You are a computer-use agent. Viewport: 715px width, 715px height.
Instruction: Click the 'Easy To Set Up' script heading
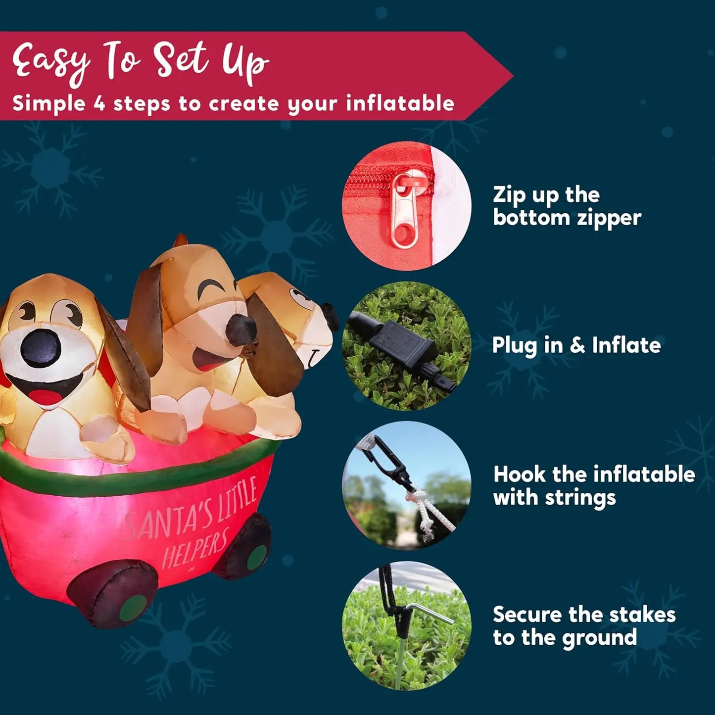[x=141, y=62]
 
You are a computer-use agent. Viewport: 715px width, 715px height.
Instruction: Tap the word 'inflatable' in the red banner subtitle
[x=400, y=103]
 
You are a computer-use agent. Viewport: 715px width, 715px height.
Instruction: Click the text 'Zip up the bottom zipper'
[x=567, y=206]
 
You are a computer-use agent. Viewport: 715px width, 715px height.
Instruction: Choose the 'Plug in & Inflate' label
[x=576, y=345]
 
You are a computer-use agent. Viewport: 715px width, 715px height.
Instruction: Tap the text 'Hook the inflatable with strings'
[x=594, y=485]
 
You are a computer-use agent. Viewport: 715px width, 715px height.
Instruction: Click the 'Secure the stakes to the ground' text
[x=584, y=625]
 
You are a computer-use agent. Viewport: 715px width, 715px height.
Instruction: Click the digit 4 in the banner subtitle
[x=99, y=103]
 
